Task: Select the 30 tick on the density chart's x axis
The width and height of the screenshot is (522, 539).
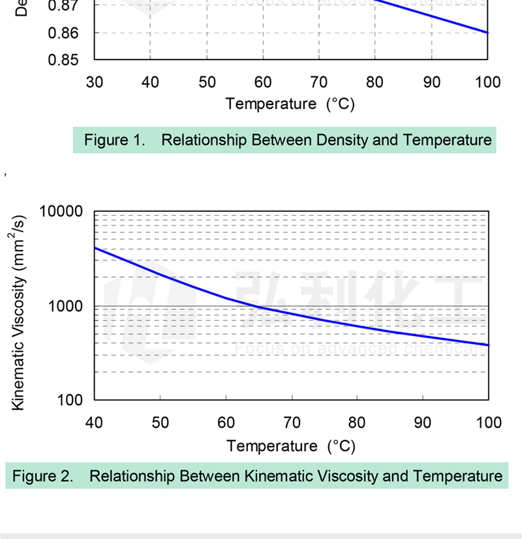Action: [x=95, y=82]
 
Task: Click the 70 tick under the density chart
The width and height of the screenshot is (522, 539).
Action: [x=319, y=82]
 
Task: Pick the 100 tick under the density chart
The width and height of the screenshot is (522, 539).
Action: [x=487, y=82]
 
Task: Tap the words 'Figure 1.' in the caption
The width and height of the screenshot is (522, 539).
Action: [x=115, y=140]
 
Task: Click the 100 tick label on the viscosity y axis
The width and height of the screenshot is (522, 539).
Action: [x=69, y=400]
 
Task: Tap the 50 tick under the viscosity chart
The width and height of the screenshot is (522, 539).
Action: [x=160, y=423]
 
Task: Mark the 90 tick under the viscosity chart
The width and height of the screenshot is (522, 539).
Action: [x=423, y=423]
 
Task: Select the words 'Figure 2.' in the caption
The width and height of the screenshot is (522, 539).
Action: [x=43, y=476]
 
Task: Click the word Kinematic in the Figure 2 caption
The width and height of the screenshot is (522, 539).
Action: [x=274, y=476]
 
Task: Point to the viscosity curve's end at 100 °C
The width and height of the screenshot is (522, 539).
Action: [x=488, y=345]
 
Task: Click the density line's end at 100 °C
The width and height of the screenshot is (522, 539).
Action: [x=487, y=33]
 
